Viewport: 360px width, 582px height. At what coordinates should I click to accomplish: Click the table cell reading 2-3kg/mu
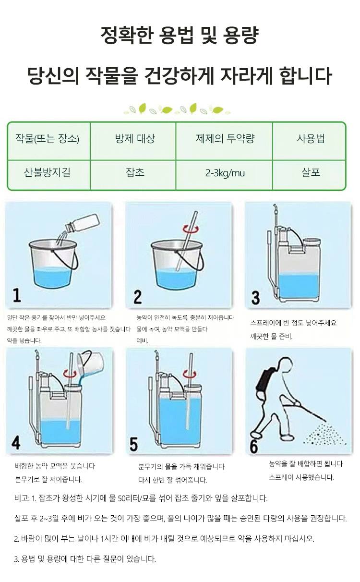click(225, 173)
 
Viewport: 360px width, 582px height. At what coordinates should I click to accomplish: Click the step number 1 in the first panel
click(17, 295)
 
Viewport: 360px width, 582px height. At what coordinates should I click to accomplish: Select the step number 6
click(253, 447)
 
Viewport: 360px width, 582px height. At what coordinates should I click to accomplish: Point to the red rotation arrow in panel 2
click(191, 229)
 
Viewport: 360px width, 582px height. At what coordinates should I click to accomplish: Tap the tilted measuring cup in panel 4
click(90, 364)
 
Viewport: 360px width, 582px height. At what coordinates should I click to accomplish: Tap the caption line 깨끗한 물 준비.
click(271, 337)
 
